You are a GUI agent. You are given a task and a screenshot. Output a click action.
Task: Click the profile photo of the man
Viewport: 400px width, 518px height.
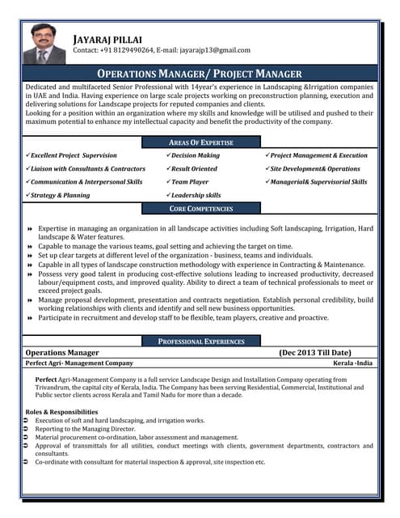pos(44,43)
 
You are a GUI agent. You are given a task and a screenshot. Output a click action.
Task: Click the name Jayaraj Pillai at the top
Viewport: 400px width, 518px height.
pos(107,39)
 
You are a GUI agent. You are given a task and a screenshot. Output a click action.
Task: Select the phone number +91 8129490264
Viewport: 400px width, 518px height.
pos(124,51)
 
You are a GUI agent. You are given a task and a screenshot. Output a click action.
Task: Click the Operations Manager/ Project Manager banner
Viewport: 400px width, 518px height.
pos(200,73)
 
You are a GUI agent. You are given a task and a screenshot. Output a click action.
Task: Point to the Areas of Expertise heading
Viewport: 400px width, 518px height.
pos(200,142)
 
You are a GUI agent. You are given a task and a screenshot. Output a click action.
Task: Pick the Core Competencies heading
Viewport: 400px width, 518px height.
pos(200,209)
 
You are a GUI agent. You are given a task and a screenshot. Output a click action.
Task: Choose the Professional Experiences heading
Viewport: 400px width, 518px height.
pos(200,342)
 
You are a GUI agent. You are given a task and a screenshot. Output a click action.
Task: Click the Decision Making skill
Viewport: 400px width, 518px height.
pos(196,155)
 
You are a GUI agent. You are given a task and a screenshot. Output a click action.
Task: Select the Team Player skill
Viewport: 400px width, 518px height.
pos(190,182)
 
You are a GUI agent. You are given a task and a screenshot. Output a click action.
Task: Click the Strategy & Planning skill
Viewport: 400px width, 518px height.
pos(61,195)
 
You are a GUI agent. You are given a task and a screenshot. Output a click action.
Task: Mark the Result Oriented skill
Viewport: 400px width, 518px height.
pos(194,168)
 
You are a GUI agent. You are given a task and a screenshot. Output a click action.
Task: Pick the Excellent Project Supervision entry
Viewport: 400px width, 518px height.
pos(74,155)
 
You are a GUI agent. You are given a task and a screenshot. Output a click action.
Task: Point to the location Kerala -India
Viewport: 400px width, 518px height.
pos(353,363)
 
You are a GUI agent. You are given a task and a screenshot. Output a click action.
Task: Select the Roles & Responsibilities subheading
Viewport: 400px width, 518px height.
pos(61,412)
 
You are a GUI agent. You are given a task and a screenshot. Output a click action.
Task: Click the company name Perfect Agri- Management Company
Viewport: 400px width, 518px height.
pos(79,363)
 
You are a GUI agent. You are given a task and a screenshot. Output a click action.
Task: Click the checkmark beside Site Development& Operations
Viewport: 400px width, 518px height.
pos(267,168)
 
